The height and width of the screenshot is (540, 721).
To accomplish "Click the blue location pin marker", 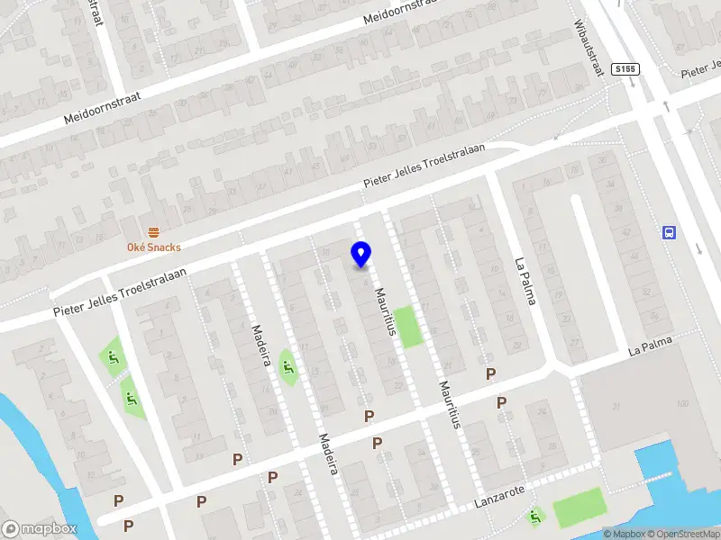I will coord(360,255).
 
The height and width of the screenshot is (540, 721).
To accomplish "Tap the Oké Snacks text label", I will coord(153,247).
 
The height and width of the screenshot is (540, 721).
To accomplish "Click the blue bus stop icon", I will coord(670,233).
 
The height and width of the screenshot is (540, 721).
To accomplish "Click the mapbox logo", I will coord(40,529).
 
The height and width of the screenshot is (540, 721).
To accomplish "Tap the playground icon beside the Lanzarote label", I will coord(536,517).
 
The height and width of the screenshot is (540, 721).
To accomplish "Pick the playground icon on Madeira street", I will coord(288,368).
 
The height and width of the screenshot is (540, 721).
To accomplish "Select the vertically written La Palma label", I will coord(525,281).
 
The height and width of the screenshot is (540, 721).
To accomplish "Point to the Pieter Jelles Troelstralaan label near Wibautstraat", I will coord(424,166).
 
